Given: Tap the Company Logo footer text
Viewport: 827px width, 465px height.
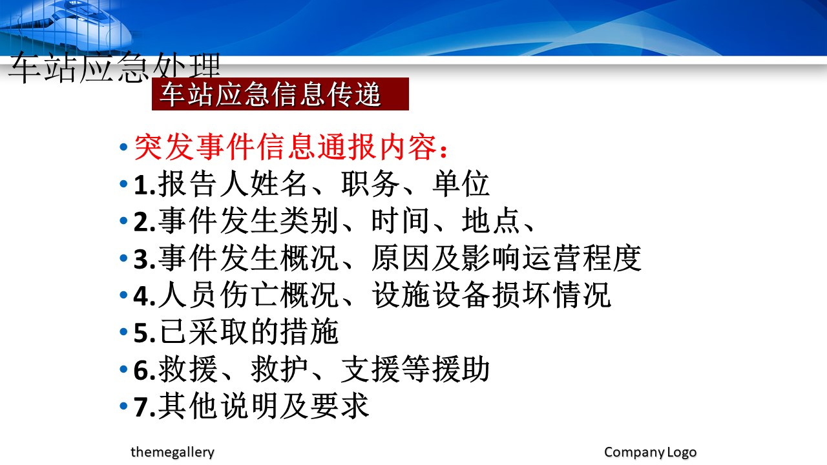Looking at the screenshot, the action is click(650, 452).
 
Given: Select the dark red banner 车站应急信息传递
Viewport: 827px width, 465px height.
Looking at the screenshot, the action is click(280, 94).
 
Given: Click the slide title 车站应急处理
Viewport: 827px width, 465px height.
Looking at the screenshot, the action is click(114, 68).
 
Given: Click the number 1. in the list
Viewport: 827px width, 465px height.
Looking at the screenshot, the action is click(144, 185).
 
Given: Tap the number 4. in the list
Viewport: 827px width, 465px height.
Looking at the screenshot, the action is click(144, 296).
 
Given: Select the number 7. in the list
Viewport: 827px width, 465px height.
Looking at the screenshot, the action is click(144, 407).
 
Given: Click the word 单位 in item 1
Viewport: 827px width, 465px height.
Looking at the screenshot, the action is click(461, 183).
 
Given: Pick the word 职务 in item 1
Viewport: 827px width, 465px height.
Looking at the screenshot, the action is click(370, 183).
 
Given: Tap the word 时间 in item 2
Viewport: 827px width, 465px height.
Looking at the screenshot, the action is click(401, 221).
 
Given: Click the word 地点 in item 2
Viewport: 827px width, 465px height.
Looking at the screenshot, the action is click(491, 221).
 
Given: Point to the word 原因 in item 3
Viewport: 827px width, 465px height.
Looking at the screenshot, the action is click(401, 258).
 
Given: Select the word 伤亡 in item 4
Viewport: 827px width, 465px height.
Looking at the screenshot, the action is click(249, 295).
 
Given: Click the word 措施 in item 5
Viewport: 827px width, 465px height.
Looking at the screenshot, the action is click(309, 332).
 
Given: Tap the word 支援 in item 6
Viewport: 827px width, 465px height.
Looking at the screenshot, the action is click(370, 369).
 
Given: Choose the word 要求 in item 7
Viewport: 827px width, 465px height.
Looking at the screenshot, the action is click(340, 406).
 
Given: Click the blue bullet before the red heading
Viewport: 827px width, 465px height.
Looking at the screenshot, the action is click(123, 147).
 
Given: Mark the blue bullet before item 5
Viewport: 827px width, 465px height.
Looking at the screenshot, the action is click(123, 332).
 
